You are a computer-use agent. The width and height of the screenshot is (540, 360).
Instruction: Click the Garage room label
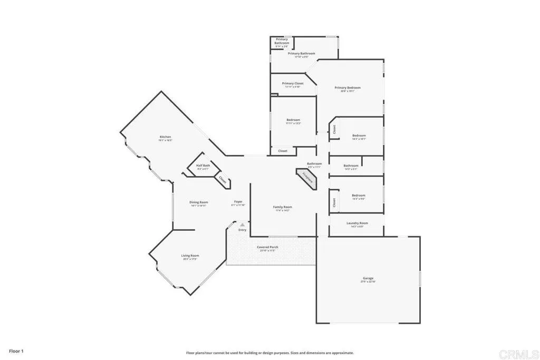pyautogui.click(x=368, y=279)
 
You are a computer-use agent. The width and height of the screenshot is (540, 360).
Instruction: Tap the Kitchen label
pyautogui.click(x=166, y=138)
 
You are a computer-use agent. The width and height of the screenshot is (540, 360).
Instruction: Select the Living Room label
pyautogui.click(x=190, y=256)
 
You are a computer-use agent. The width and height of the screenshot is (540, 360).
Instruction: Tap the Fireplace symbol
pyautogui.click(x=307, y=178)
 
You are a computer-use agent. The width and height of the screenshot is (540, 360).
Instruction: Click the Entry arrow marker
pyautogui.click(x=242, y=225)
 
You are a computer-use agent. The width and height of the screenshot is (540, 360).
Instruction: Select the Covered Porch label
pyautogui.click(x=267, y=248)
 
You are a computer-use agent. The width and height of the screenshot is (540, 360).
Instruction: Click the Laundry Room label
pyautogui.click(x=357, y=223)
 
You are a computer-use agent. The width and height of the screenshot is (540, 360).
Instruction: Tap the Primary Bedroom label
pyautogui.click(x=348, y=88)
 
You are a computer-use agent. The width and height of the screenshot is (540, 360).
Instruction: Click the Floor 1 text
pyautogui.click(x=16, y=351)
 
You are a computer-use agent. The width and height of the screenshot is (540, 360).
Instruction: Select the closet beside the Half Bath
pyautogui.click(x=223, y=180)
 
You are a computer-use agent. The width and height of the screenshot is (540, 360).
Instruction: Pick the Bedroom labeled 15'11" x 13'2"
pyautogui.click(x=293, y=121)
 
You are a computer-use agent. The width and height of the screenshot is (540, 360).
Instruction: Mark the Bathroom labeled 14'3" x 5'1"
pyautogui.click(x=351, y=167)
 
